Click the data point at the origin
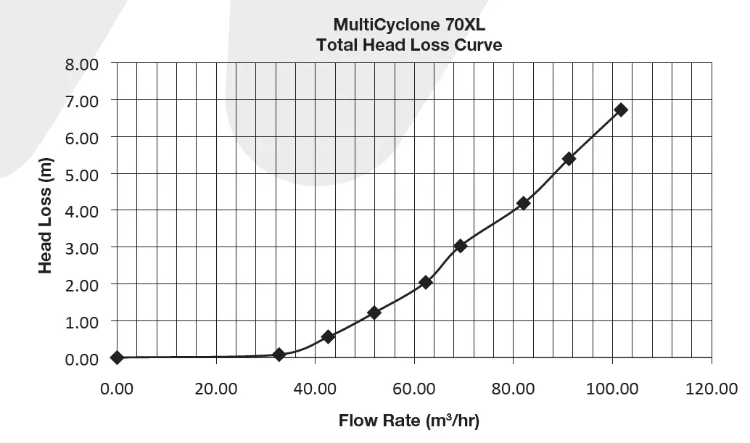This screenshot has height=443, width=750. point(117,357)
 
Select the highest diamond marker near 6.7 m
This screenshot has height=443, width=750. point(621,109)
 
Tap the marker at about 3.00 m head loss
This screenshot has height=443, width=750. point(461,246)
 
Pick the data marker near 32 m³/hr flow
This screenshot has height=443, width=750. point(279,355)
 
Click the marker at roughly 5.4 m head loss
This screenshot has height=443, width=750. point(569,159)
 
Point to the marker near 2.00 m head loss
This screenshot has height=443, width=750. point(426,282)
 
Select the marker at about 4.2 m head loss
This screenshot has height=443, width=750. point(524,203)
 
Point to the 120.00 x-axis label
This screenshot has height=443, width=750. point(712,389)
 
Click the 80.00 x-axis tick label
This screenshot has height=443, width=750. point(514,389)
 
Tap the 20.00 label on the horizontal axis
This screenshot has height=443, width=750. point(216,389)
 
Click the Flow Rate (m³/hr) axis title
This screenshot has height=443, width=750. point(409,421)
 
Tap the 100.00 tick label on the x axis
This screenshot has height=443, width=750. point(613,389)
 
